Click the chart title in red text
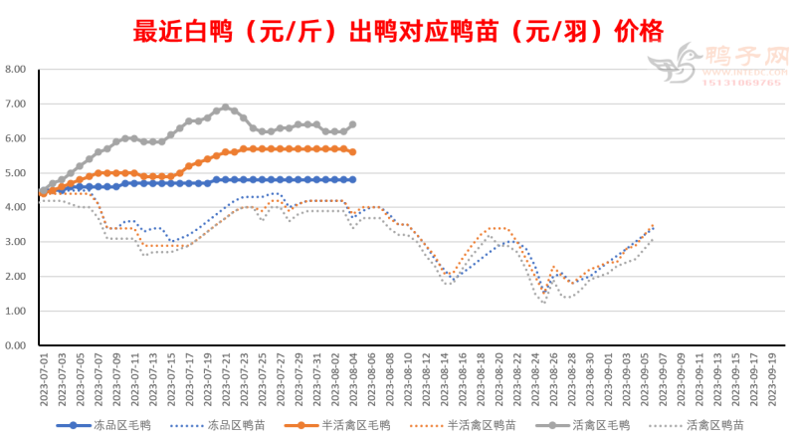click(x=397, y=30)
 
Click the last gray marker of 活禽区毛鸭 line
click(x=352, y=125)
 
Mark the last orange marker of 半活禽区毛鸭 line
click(x=352, y=151)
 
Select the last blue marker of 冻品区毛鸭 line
click(x=352, y=179)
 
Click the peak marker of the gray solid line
click(x=226, y=108)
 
